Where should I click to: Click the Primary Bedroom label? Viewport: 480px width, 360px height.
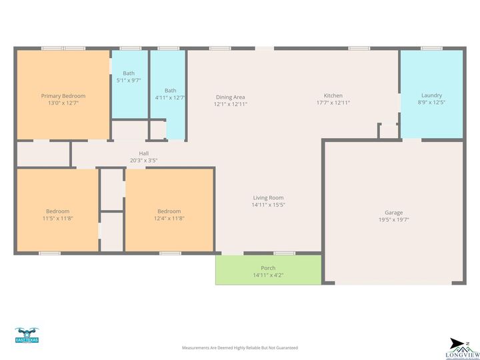63,96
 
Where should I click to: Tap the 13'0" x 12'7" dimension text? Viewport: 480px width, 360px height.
63,103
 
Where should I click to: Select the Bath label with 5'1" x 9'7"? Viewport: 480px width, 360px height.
129,73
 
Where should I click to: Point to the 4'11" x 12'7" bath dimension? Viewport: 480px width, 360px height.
170,97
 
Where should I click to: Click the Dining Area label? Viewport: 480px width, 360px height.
230,97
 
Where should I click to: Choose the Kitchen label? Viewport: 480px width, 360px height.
333,95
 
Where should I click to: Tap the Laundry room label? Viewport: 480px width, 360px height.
431,95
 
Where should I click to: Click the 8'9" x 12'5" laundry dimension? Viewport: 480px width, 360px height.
431,103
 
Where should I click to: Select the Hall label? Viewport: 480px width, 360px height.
143,153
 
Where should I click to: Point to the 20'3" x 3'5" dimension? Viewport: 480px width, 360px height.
143,160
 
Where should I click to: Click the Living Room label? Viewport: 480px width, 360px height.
268,197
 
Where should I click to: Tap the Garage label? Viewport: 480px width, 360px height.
393,212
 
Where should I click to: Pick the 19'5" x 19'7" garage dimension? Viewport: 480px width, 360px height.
393,219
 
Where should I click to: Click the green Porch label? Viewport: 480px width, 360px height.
268,268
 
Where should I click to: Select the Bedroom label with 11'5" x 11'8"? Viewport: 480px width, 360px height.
57,211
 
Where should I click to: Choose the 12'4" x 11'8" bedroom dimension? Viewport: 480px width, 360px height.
169,219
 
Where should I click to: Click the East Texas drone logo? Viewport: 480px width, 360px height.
27,335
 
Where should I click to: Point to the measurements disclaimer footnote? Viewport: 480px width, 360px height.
240,348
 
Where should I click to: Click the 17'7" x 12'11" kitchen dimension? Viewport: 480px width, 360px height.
333,103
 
